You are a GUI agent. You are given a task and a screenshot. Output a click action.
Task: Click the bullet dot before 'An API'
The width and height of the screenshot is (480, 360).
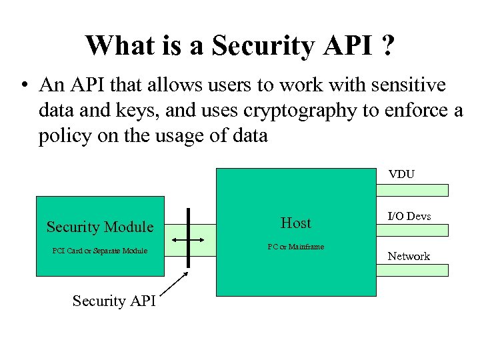24,86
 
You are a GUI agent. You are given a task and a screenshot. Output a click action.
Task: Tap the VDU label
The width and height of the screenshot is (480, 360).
402,174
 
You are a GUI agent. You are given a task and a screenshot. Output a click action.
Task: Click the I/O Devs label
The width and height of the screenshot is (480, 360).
409,216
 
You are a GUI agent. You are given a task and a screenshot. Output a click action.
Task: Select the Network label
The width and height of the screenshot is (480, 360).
409,256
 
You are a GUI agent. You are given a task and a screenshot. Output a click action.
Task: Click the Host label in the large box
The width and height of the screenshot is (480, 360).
295,223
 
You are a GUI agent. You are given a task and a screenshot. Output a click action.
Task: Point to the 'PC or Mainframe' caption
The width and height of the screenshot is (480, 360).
295,247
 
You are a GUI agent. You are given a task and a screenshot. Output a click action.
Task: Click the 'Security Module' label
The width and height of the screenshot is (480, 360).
100,227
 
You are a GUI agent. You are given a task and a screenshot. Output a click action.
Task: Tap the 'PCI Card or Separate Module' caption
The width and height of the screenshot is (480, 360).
100,251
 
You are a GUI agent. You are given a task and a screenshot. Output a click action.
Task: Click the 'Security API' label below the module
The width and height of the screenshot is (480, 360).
114,301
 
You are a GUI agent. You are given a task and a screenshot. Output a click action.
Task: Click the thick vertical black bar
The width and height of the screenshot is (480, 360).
189,237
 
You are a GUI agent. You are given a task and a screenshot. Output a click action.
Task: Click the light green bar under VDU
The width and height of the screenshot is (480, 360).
413,190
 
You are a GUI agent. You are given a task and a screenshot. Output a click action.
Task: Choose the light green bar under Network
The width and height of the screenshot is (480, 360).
413,270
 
